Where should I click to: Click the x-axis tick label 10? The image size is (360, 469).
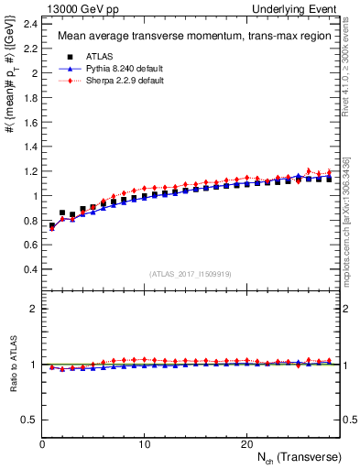pos(144,444)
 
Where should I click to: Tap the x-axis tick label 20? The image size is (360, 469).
pos(245,444)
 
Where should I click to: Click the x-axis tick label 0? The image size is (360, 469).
pos(42,444)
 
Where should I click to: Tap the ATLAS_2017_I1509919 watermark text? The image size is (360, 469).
pos(190,274)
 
